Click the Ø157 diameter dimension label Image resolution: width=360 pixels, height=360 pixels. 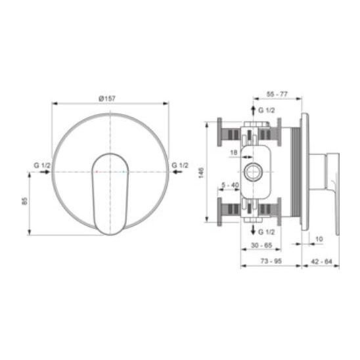click(107, 99)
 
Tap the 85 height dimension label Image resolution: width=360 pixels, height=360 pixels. click(24, 201)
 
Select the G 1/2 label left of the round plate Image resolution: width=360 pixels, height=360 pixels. click(42, 166)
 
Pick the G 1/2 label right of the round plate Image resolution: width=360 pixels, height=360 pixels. click(180, 166)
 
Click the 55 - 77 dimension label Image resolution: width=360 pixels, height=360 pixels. click(277, 94)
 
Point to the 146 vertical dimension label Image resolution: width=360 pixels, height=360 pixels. click(201, 173)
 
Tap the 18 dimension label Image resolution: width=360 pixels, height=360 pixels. click(233, 152)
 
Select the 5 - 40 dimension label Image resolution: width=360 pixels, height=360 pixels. click(231, 185)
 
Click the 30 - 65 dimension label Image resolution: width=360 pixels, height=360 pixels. click(261, 245)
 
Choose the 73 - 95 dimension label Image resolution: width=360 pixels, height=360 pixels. click(271, 261)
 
